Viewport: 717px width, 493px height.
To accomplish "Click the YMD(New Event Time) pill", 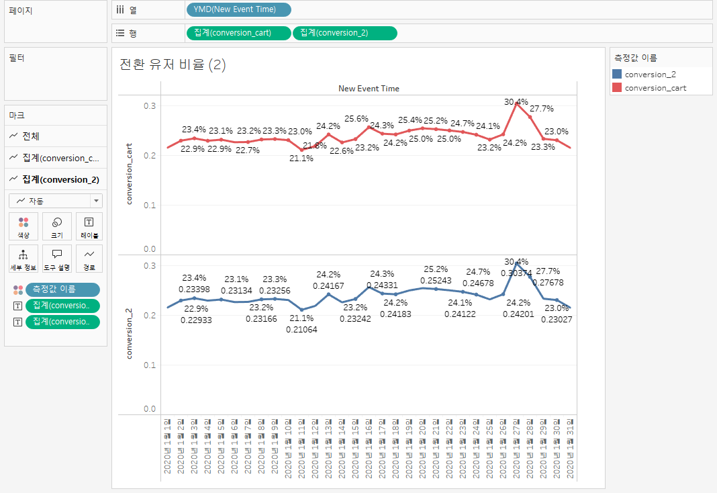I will (238, 9).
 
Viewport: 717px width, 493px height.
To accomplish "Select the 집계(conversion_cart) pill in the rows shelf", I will (238, 33).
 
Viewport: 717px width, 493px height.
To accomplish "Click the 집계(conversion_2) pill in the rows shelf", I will (344, 33).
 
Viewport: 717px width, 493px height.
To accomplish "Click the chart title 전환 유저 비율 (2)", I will (173, 64).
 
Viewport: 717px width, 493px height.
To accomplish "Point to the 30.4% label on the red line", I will (516, 102).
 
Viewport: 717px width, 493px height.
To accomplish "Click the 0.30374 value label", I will (516, 273).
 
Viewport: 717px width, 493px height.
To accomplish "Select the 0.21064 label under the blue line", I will (301, 329).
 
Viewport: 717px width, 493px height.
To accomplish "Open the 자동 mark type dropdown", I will (56, 201).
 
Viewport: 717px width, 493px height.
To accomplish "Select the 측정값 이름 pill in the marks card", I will (62, 289).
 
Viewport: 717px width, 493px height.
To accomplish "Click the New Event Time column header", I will (369, 88).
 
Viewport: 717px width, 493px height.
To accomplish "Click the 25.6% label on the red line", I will (356, 119).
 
